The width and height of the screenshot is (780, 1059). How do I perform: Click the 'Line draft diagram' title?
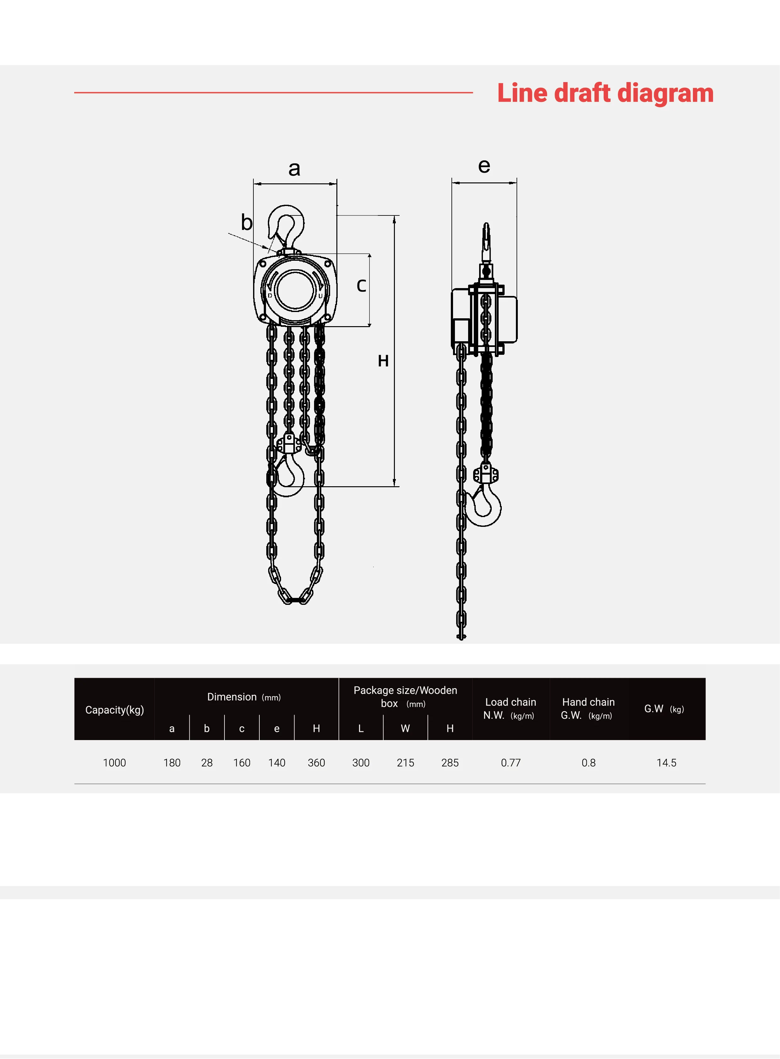(605, 93)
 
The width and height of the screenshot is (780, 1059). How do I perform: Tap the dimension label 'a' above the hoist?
(294, 169)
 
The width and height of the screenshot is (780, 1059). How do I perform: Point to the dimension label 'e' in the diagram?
(484, 166)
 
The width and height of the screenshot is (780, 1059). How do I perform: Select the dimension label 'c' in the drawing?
(361, 285)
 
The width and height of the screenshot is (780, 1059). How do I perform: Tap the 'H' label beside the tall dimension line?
(383, 361)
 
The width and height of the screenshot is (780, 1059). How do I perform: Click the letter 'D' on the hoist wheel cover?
(270, 296)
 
